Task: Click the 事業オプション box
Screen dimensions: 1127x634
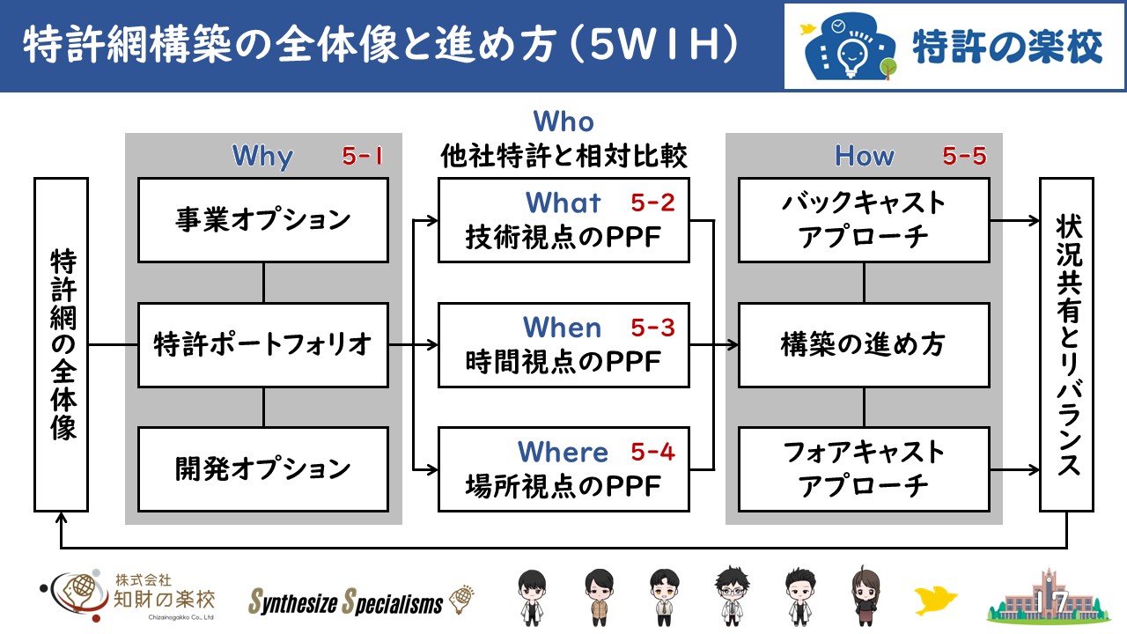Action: click(263, 220)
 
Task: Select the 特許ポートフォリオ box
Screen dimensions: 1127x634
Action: click(263, 344)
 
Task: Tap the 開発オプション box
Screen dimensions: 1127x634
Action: click(263, 469)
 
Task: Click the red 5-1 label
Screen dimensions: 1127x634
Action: click(362, 156)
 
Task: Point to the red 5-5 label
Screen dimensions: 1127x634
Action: click(964, 156)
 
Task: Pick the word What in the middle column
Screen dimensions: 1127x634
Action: click(563, 203)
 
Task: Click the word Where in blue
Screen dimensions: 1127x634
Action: click(563, 452)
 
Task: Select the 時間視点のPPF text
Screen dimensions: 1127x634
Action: click(563, 361)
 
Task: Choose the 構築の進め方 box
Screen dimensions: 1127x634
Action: click(864, 344)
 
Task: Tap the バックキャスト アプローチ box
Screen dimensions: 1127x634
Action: click(864, 220)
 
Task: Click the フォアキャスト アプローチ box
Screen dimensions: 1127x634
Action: click(864, 469)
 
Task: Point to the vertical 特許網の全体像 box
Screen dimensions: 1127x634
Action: click(62, 344)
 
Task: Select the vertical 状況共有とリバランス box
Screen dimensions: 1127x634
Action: click(1066, 344)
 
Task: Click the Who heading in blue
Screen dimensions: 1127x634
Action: click(563, 122)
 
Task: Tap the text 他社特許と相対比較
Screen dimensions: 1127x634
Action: click(563, 156)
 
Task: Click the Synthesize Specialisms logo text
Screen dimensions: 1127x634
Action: click(346, 601)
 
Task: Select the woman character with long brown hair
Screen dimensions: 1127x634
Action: click(866, 596)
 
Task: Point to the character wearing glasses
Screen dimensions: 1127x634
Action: click(733, 596)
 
